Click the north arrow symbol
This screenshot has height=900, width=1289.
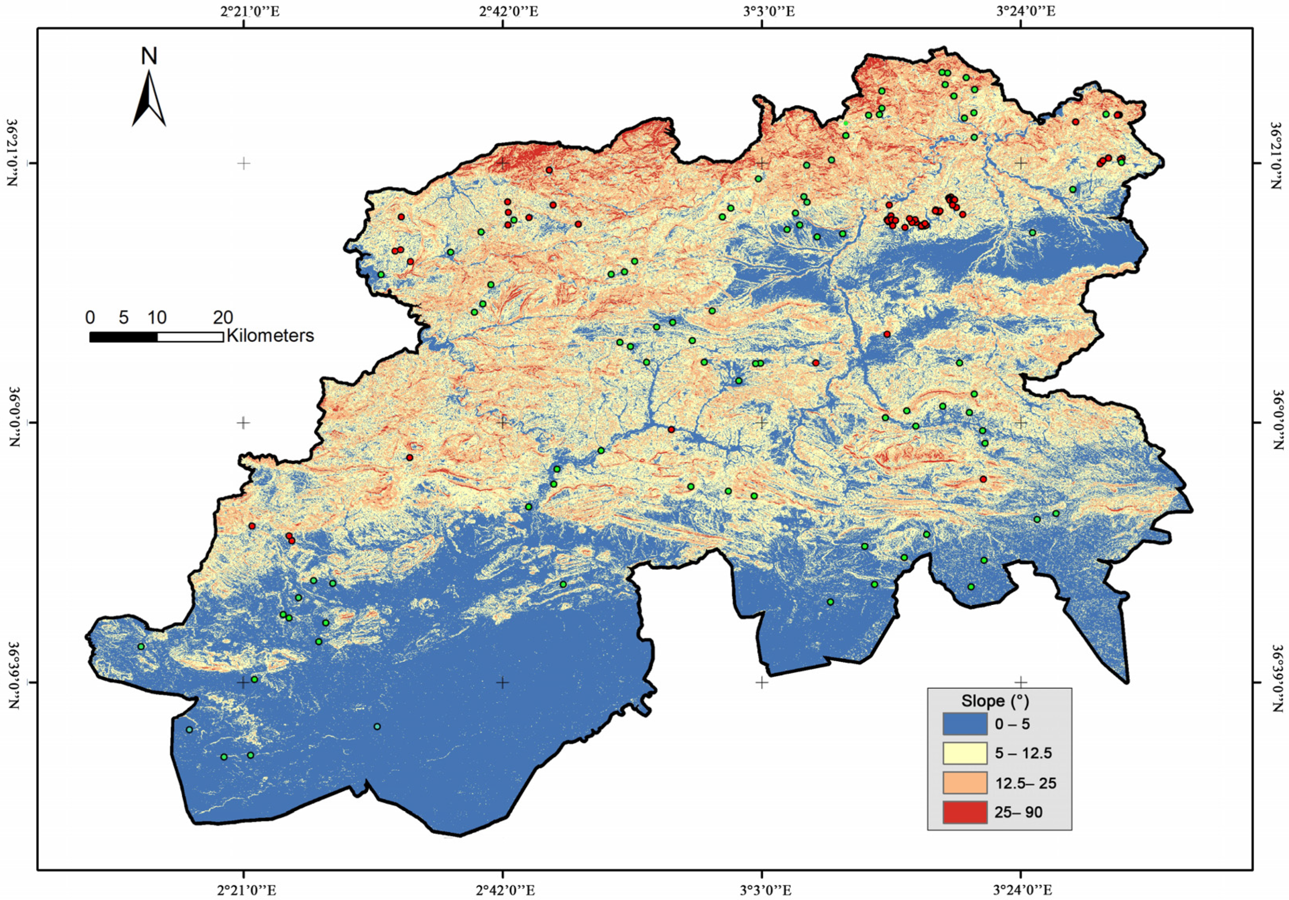tap(149, 99)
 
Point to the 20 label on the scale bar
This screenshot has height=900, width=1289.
tap(223, 318)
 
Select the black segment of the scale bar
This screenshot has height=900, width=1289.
tap(124, 337)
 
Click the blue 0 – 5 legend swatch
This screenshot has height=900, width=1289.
tap(965, 724)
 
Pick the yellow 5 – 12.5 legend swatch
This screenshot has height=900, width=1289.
tap(965, 754)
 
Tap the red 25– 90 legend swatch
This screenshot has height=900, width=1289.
tap(965, 812)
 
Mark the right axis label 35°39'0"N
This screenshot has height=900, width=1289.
tap(1278, 682)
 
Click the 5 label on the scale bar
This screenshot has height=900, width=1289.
tap(124, 318)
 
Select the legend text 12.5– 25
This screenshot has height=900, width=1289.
tap(1026, 783)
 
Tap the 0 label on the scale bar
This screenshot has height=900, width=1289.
tap(90, 318)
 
